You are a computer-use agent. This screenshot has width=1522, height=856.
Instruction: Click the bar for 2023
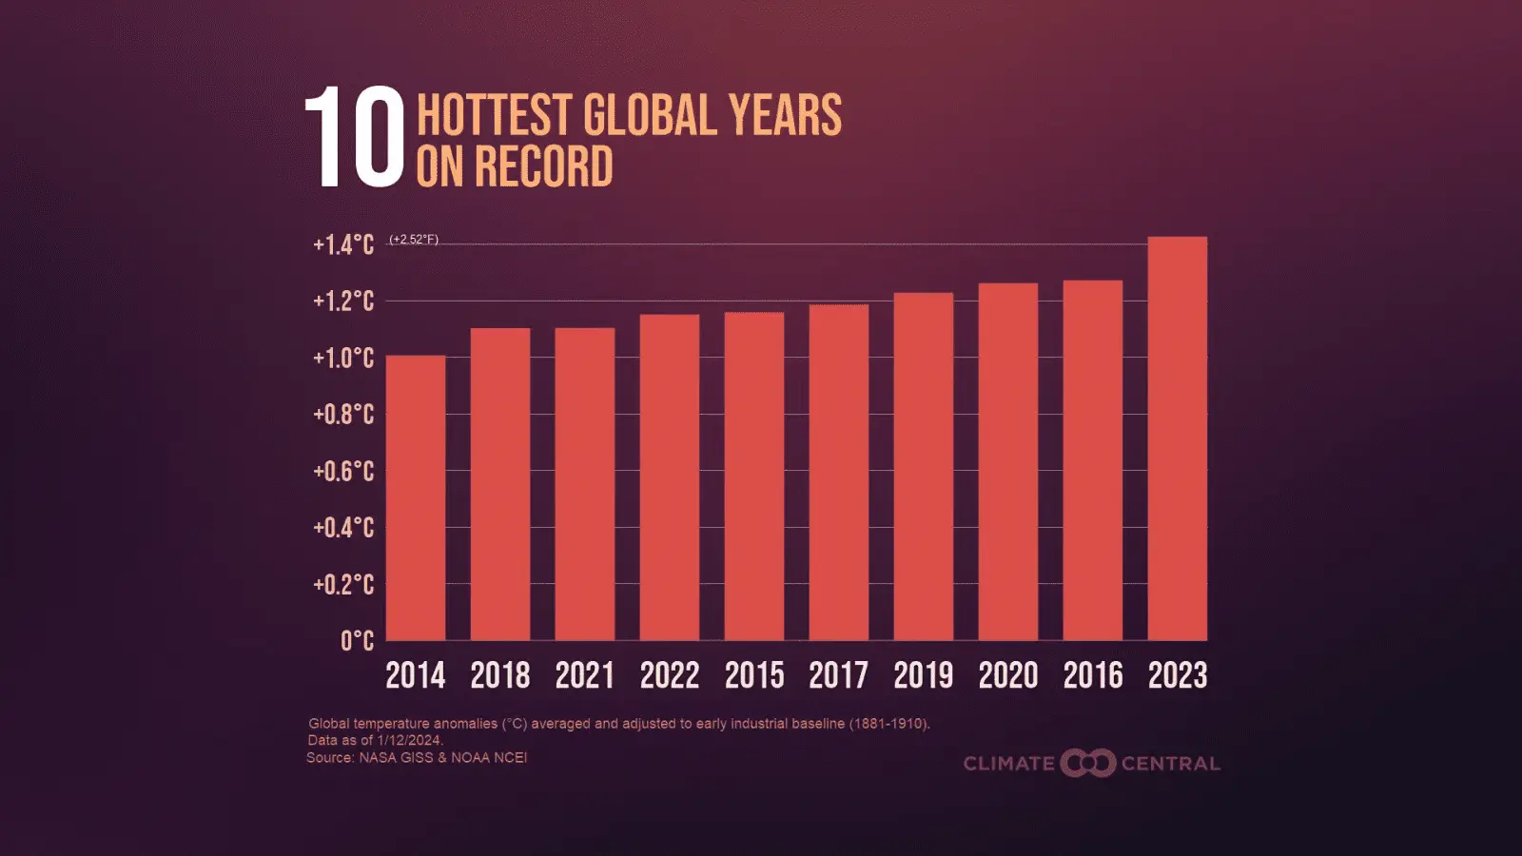[x=1177, y=438]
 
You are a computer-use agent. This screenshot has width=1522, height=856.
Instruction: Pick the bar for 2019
[x=923, y=466]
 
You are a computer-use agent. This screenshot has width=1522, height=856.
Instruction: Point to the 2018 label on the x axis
[x=499, y=675]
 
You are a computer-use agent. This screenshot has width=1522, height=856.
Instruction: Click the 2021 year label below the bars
[x=584, y=675]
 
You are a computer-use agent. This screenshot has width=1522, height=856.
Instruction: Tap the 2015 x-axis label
[x=754, y=675]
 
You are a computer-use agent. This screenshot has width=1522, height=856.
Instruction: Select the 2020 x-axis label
[x=1008, y=675]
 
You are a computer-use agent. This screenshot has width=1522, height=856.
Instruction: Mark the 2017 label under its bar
[x=838, y=675]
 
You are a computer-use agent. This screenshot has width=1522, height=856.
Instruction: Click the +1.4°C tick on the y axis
[x=343, y=245]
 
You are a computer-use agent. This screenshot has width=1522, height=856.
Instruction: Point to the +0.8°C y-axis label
[x=343, y=415]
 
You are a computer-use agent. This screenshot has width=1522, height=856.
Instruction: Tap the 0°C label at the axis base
[x=357, y=641]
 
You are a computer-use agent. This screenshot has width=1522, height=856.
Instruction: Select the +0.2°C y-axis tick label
[x=343, y=584]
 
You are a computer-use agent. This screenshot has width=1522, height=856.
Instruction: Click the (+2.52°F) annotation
[x=414, y=240]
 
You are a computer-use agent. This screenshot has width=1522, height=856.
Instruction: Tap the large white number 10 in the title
[x=355, y=139]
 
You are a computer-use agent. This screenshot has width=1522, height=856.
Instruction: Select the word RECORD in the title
[x=543, y=167]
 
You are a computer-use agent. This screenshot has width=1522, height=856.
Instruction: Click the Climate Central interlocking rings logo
[x=1087, y=763]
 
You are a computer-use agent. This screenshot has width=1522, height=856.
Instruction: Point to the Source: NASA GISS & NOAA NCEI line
[x=417, y=757]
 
